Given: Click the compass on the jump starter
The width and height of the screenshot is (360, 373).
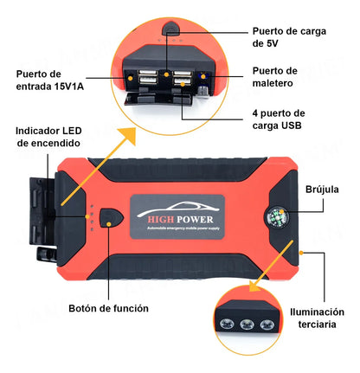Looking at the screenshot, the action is [x=276, y=217].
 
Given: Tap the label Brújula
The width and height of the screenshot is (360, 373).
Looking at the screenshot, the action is [x=322, y=190].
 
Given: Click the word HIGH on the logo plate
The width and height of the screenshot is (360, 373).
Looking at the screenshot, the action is [x=161, y=220].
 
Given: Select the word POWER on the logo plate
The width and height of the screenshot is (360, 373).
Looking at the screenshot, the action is [x=195, y=220].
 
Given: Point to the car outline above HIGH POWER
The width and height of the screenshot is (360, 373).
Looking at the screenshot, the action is [x=177, y=209].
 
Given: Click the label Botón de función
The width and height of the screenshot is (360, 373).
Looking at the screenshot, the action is [x=108, y=308].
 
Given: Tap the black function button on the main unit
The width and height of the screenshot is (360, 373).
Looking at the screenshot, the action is [x=111, y=218].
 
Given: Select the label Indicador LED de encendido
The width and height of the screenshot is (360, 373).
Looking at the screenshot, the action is [x=48, y=137].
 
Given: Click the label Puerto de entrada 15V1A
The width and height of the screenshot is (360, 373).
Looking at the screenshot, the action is [x=50, y=80].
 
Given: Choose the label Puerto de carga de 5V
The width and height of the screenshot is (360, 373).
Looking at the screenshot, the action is [x=289, y=37].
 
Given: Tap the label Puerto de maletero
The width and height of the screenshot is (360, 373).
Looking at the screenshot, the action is [x=275, y=77].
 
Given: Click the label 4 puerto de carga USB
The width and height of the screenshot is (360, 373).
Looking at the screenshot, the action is [x=279, y=119].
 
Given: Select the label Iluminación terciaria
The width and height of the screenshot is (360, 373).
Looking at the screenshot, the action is [x=317, y=318].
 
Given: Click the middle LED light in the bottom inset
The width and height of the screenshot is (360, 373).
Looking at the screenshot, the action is [x=247, y=325].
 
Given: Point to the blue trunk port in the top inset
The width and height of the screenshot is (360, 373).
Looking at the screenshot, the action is [x=203, y=76].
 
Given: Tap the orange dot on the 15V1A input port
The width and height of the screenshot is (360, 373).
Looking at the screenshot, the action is [x=131, y=78].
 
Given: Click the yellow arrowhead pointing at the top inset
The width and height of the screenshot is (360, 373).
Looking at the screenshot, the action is [x=128, y=135].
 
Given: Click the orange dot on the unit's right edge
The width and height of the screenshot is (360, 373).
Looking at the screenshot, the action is [x=301, y=253].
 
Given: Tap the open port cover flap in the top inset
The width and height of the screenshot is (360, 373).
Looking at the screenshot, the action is [x=158, y=98].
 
